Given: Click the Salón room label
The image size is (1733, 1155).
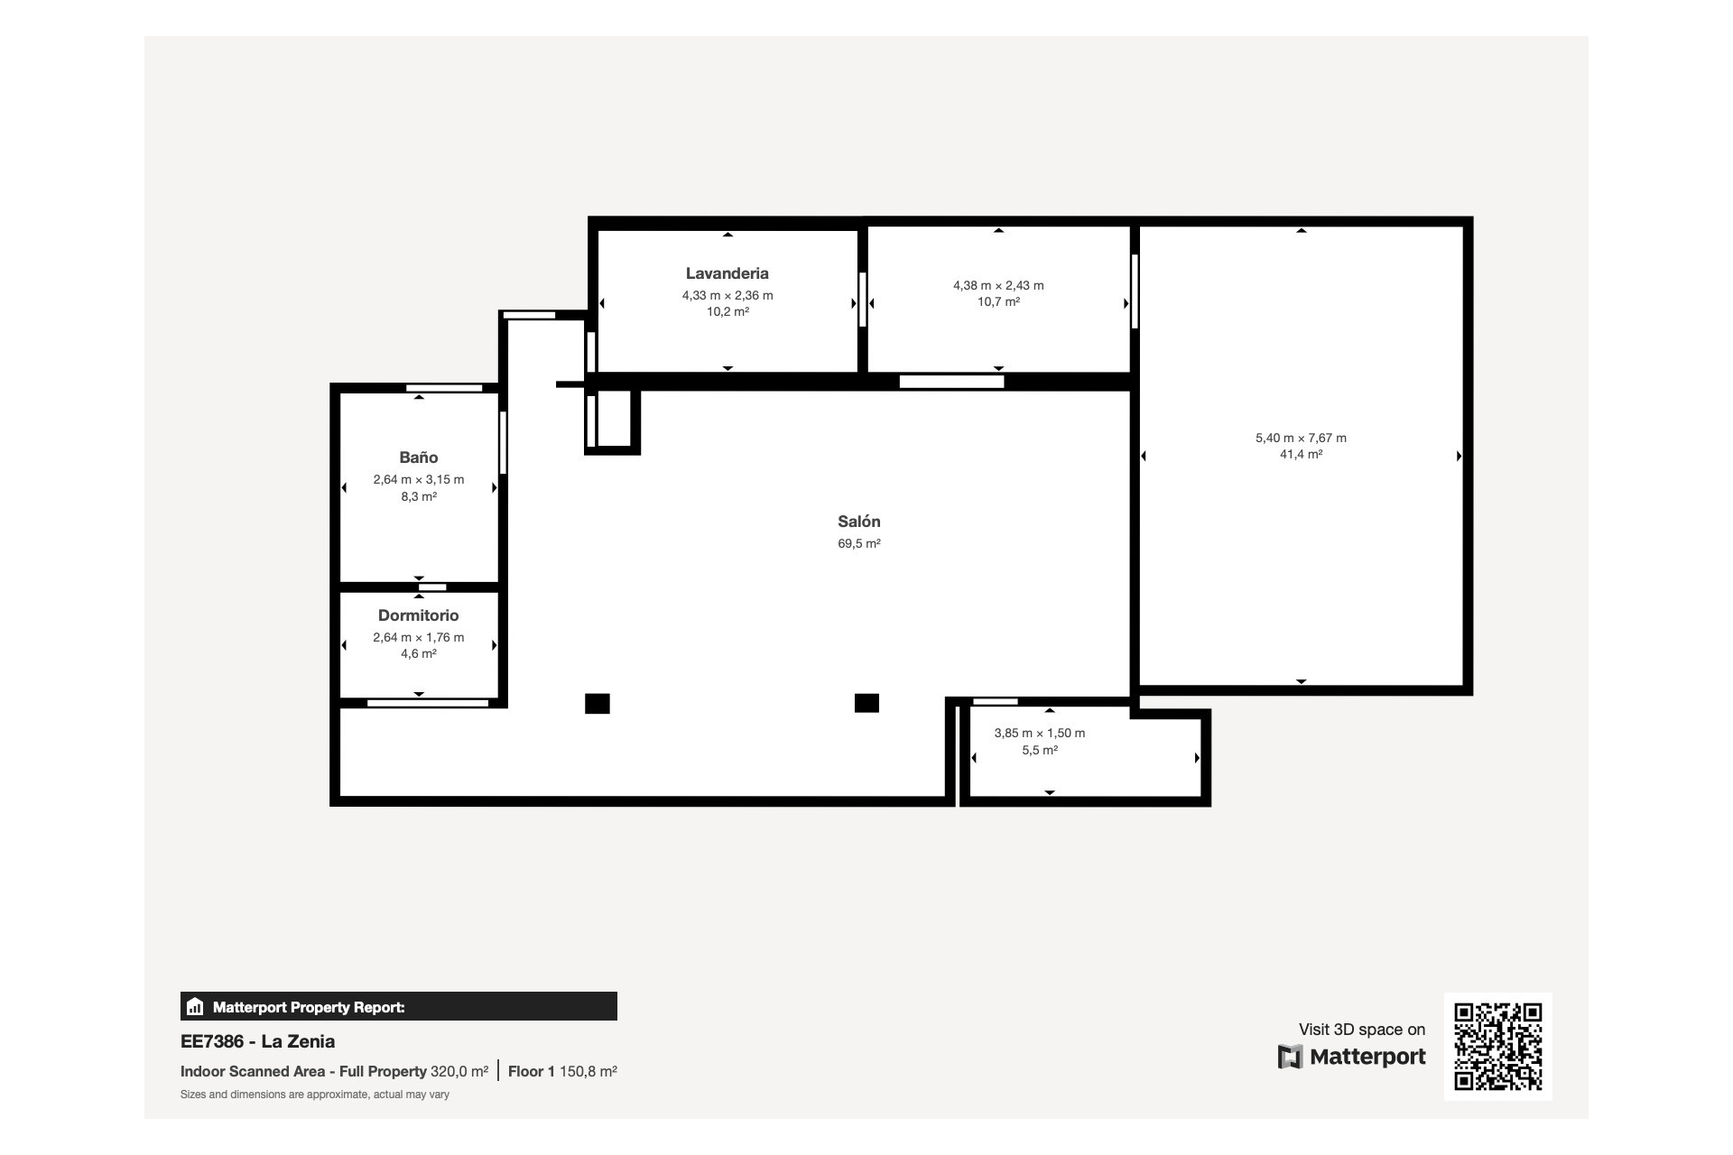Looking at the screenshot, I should (x=858, y=522).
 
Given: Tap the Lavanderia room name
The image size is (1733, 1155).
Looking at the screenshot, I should (x=727, y=273).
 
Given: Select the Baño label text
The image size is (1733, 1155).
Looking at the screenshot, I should (x=418, y=457).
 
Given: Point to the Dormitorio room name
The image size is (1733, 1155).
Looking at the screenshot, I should (x=418, y=615).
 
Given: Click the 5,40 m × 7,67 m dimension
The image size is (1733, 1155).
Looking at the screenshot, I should (x=1301, y=438).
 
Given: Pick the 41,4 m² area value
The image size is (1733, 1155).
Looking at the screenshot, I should (x=1301, y=455).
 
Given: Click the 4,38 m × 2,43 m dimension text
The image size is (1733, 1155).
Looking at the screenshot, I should (x=998, y=285).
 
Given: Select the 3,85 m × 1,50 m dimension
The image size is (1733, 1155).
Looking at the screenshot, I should (x=1039, y=733).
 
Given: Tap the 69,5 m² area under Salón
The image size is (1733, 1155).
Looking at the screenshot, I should (x=858, y=543).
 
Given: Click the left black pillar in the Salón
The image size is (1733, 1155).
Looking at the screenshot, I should (x=597, y=703).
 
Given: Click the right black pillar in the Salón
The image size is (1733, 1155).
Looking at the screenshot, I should (x=866, y=702).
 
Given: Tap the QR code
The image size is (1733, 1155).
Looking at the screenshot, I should (x=1497, y=1046).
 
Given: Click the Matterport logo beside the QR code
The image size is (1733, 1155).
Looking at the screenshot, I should (x=1351, y=1057).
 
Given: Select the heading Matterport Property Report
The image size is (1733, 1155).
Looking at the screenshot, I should (x=308, y=1007).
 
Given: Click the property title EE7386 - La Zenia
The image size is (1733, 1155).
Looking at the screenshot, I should (x=257, y=1041).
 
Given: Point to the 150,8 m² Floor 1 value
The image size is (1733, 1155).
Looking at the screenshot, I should (x=588, y=1071).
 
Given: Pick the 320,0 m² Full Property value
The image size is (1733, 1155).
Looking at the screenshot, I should (x=459, y=1071).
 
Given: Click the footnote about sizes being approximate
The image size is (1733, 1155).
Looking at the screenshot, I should (x=314, y=1095).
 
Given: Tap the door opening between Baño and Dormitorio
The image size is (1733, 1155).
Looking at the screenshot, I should (x=432, y=587).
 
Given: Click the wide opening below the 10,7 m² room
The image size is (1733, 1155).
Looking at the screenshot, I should (x=951, y=382).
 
